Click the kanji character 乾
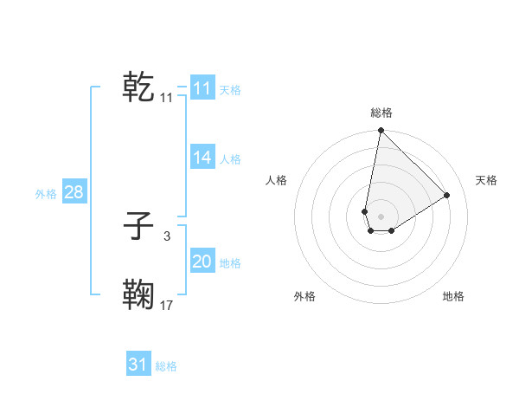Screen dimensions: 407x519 tap(138, 87)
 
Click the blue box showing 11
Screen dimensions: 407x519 tap(202, 87)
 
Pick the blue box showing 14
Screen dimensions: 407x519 tap(202, 158)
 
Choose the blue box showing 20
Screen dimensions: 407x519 tap(202, 262)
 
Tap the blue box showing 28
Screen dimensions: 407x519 tap(74, 192)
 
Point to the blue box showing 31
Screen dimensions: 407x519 tap(138, 365)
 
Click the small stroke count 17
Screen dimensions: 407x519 tap(167, 305)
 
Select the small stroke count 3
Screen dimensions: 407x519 tap(167, 235)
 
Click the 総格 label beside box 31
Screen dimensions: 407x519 tap(166, 366)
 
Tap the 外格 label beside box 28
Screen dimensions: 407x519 tap(46, 194)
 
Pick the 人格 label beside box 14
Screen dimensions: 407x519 tap(230, 159)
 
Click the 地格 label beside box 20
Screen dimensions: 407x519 tap(230, 263)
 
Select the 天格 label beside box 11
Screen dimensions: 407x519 tap(230, 89)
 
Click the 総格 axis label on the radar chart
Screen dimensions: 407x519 tap(381, 113)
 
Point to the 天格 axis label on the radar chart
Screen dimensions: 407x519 tap(486, 180)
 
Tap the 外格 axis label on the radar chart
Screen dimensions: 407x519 tap(304, 296)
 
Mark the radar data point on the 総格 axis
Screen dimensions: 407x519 tap(381, 131)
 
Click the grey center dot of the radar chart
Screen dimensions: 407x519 tap(381, 216)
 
